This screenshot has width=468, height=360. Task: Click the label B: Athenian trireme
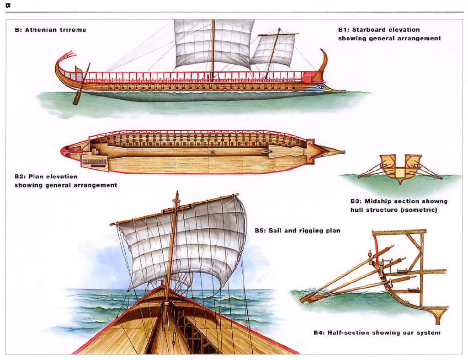coord(50,30)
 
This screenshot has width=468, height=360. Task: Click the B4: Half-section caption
coord(377,333)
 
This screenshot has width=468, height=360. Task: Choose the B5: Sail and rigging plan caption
coord(297,231)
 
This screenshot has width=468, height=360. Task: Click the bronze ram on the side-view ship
coord(336,91)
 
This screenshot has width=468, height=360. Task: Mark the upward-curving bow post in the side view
coord(324,60)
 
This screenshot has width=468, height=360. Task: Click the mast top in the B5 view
coord(176,197)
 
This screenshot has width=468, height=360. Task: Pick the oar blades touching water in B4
coord(307,298)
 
